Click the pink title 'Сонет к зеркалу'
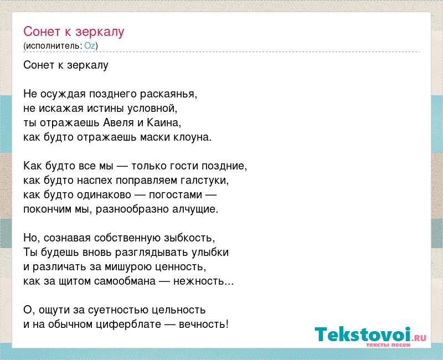coord(74,32)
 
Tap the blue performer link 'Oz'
coord(90,46)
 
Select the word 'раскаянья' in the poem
coord(168,94)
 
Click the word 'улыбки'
coord(210,253)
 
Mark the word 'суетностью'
coord(119,310)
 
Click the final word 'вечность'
coord(202,325)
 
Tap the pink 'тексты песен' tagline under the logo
coord(388,345)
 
